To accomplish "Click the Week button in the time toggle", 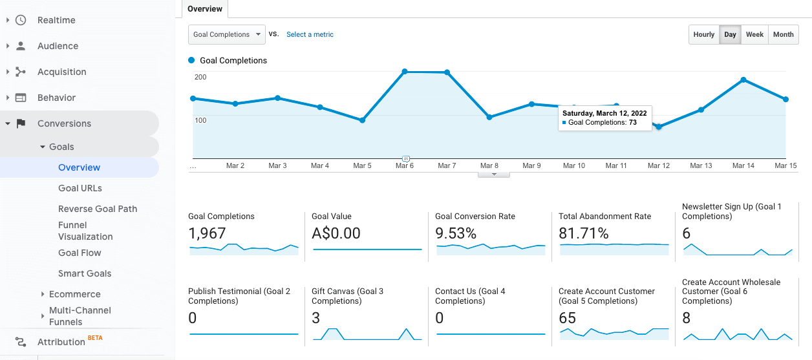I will (x=754, y=35).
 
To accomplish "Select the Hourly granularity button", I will (x=704, y=35).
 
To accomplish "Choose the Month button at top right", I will (x=783, y=35).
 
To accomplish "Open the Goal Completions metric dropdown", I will (x=226, y=35).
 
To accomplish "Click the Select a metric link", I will (x=310, y=35).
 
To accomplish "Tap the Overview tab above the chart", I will (x=205, y=9).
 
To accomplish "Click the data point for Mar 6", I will (x=405, y=72).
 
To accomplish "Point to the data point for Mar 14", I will (x=743, y=79).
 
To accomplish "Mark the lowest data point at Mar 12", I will (x=659, y=127).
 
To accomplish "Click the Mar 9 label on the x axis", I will (x=531, y=166).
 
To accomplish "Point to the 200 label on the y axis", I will (x=200, y=78).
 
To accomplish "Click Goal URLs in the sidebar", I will (x=80, y=188).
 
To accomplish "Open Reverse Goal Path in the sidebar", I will (x=98, y=209).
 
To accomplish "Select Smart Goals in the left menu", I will (x=85, y=273).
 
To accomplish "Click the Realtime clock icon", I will (x=21, y=20).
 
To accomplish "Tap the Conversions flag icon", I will (x=21, y=123).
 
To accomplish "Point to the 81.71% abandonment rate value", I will (x=583, y=233).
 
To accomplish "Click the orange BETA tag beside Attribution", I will (x=95, y=337).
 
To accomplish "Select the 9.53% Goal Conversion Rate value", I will (x=455, y=233).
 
